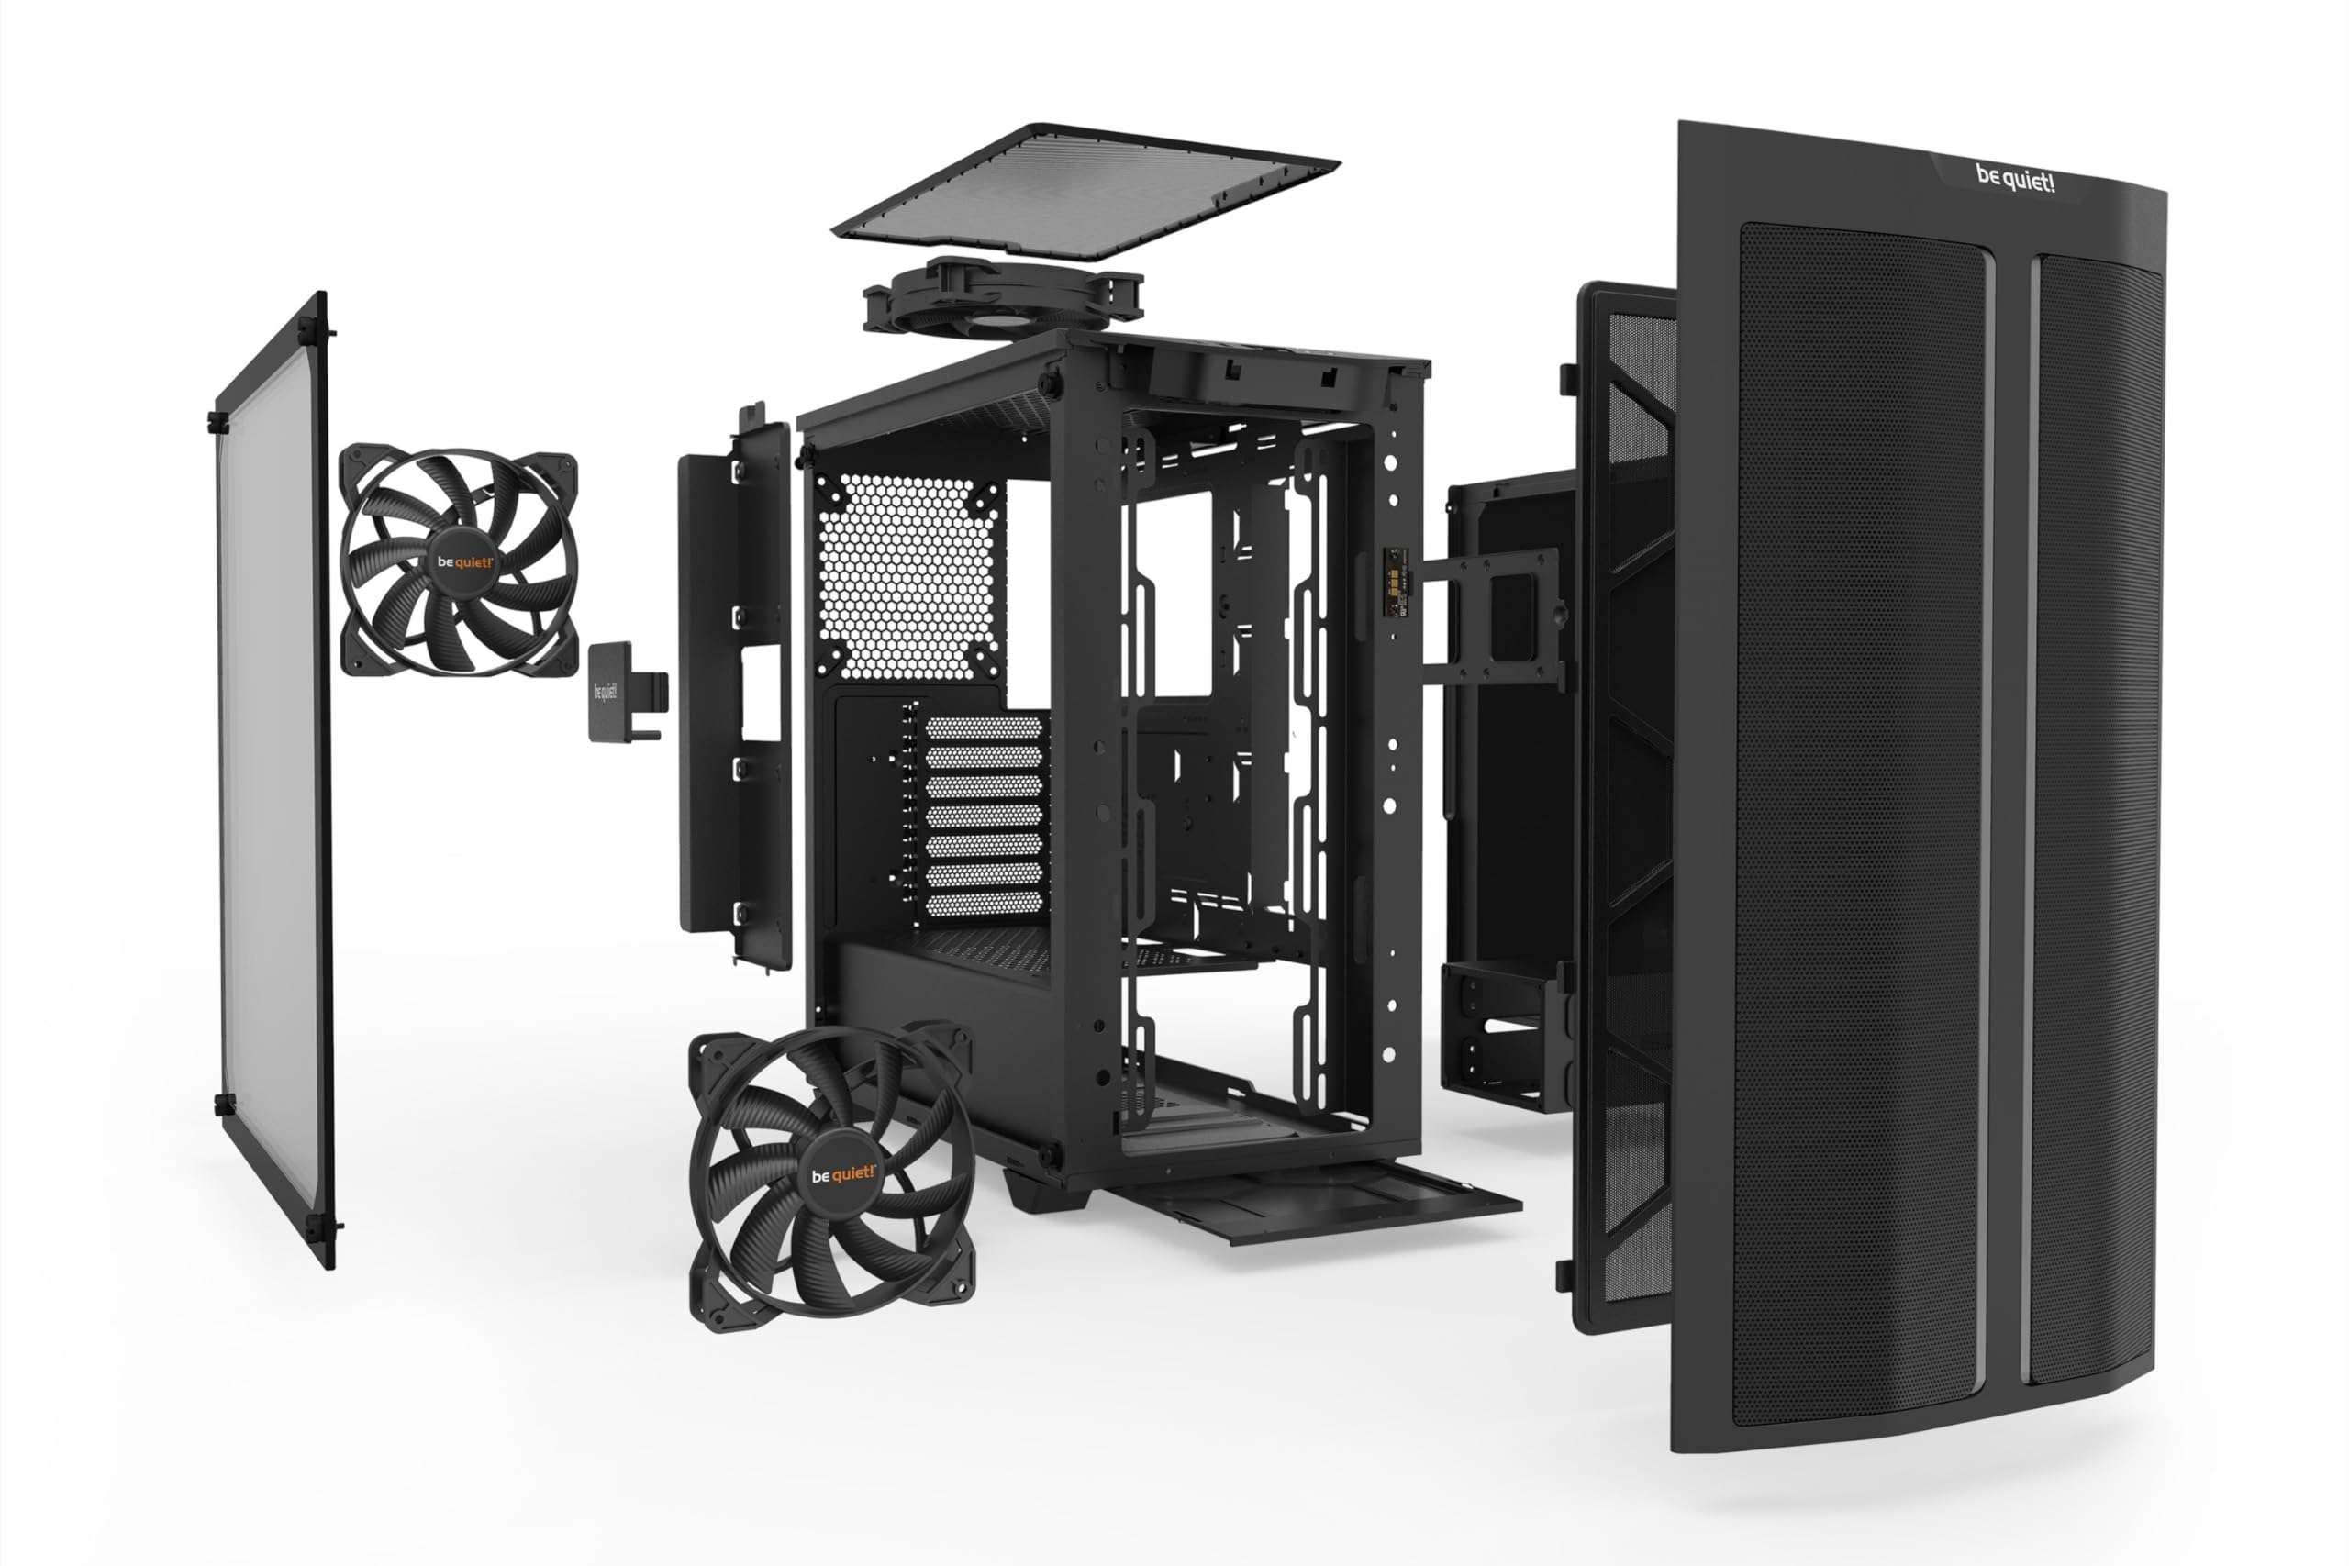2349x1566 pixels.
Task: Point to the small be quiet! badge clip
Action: click(608, 691)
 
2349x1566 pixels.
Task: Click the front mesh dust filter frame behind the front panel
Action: click(1623, 799)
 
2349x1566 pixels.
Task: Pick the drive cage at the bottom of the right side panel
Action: click(1498, 1034)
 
